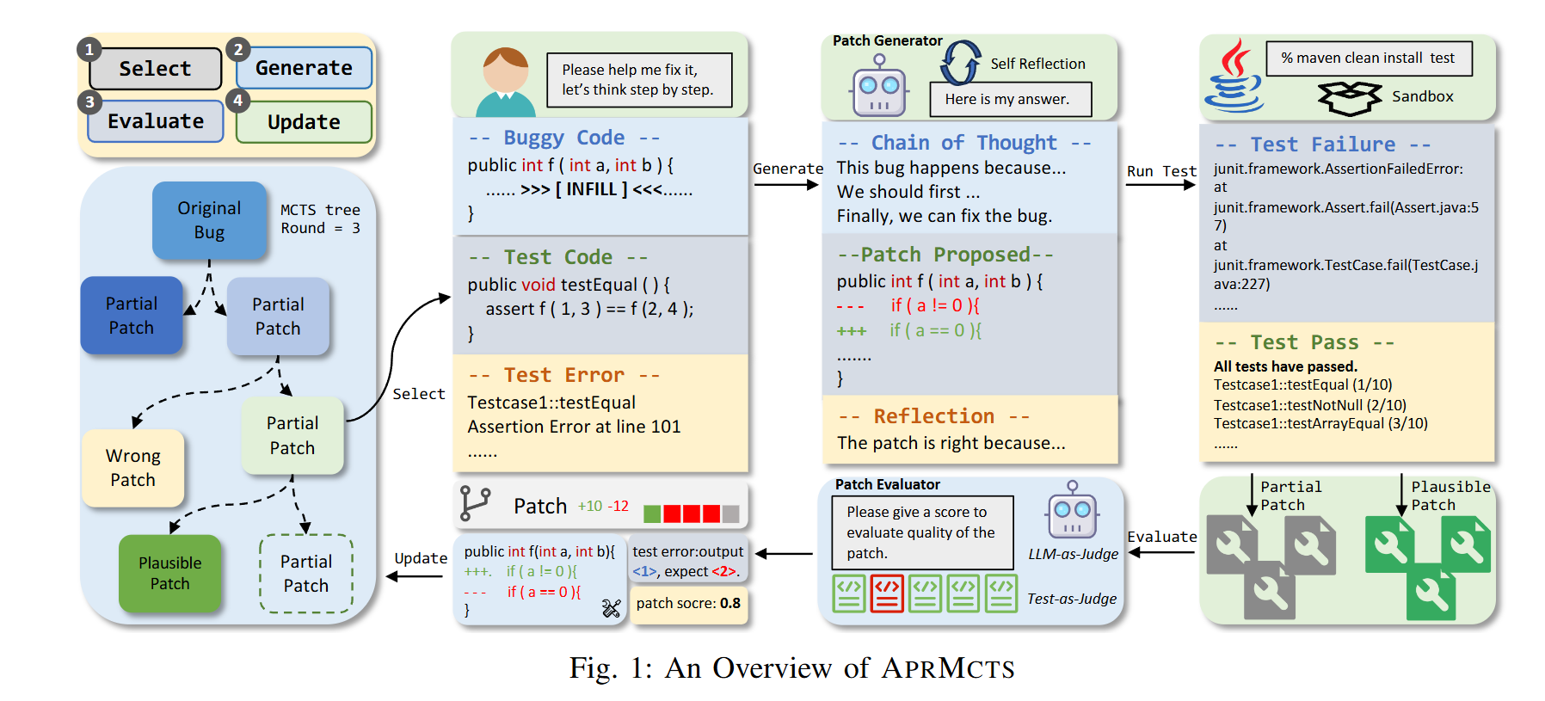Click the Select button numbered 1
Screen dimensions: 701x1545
[x=155, y=69]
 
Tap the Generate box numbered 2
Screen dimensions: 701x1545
[x=304, y=68]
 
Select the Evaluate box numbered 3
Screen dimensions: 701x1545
[x=156, y=121]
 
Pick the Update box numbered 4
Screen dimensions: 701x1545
[x=304, y=122]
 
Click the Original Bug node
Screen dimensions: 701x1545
[x=209, y=220]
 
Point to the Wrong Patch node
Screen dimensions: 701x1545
[x=132, y=468]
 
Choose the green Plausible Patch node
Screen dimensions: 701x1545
[x=169, y=573]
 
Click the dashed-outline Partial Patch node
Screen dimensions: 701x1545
[x=306, y=574]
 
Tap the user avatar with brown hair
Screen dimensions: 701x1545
[x=505, y=83]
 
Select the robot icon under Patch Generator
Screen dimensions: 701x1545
[x=878, y=86]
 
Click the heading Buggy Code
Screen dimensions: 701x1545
[x=563, y=138]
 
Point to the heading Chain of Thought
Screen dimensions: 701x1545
[x=963, y=143]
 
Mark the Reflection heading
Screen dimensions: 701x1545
[x=933, y=416]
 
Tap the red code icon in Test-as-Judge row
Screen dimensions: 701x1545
[x=887, y=593]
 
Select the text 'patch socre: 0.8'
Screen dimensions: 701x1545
[x=688, y=604]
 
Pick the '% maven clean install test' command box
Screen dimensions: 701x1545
[x=1368, y=58]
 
